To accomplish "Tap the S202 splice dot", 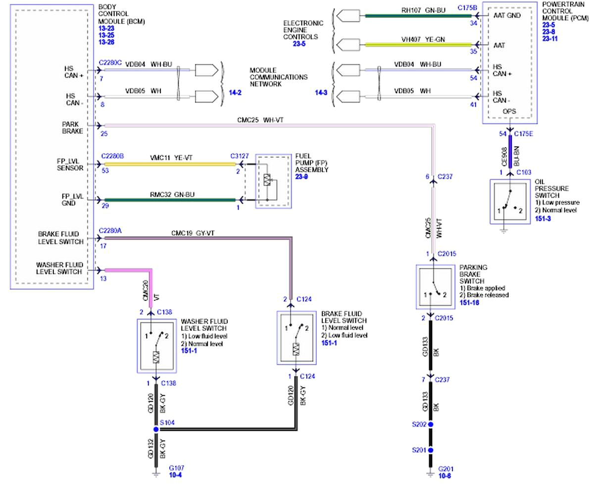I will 431,425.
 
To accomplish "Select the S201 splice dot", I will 431,450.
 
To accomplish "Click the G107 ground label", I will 177,468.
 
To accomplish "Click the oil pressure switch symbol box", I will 510,202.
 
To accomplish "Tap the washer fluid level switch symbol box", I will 156,346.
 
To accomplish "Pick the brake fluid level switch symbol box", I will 296,337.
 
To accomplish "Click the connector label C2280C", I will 111,63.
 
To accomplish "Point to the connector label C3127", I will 240,156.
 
